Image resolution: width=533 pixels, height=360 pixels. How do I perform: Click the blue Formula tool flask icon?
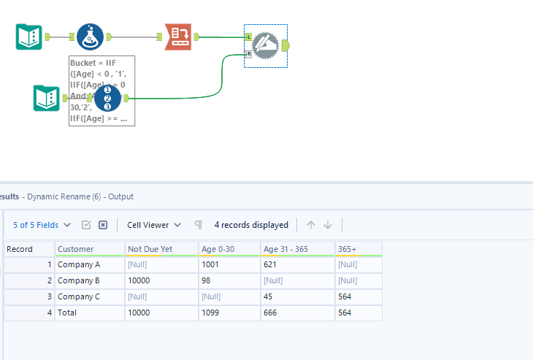pyautogui.click(x=90, y=37)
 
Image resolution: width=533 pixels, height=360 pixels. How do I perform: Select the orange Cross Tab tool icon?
pyautogui.click(x=178, y=37)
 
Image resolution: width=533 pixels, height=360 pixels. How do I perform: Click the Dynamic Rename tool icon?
pyautogui.click(x=266, y=45)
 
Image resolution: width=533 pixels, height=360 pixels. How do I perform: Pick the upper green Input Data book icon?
pyautogui.click(x=29, y=37)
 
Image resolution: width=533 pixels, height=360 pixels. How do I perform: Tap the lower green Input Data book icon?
pyautogui.click(x=46, y=99)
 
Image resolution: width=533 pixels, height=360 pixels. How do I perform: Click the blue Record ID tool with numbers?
pyautogui.click(x=107, y=98)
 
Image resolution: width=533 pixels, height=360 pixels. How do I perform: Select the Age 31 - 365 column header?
pyautogui.click(x=285, y=249)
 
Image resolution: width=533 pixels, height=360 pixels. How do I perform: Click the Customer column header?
pyautogui.click(x=76, y=249)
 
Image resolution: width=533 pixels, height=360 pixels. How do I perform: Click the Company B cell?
pyautogui.click(x=79, y=280)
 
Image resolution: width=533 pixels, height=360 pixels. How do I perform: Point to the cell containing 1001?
pyautogui.click(x=212, y=264)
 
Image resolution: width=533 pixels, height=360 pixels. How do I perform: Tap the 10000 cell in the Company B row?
pyautogui.click(x=140, y=280)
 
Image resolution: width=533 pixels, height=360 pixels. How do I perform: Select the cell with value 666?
pyautogui.click(x=273, y=313)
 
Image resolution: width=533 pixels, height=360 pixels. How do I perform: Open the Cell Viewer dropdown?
pyautogui.click(x=153, y=225)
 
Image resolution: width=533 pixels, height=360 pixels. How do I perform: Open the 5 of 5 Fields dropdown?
pyautogui.click(x=42, y=225)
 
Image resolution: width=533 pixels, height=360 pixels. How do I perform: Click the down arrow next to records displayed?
pyautogui.click(x=328, y=225)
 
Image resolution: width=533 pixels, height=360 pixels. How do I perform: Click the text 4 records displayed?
pyautogui.click(x=251, y=225)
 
